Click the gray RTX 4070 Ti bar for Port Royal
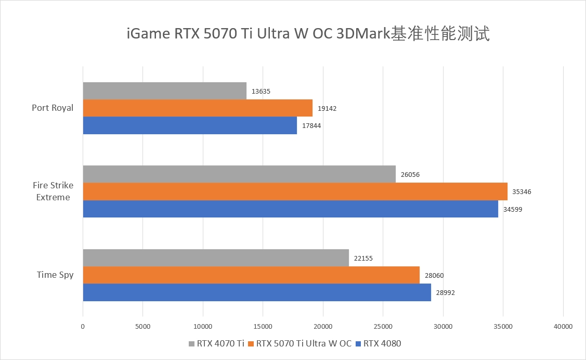pyautogui.click(x=164, y=91)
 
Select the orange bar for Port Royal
pyautogui.click(x=198, y=108)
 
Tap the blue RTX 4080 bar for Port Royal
pyautogui.click(x=190, y=125)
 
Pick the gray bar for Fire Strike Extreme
pyautogui.click(x=239, y=174)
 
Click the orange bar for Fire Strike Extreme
pyautogui.click(x=295, y=191)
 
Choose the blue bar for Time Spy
pyautogui.click(x=257, y=292)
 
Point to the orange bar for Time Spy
pyautogui.click(x=251, y=275)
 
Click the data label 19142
pyautogui.click(x=328, y=109)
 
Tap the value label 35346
pyautogui.click(x=522, y=192)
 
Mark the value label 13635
pyautogui.click(x=261, y=92)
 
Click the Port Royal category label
pyautogui.click(x=53, y=108)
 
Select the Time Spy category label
pyautogui.click(x=55, y=275)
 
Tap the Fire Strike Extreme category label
pyautogui.click(x=53, y=191)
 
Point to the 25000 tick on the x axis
pyautogui.click(x=383, y=327)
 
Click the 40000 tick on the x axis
pyautogui.click(x=563, y=327)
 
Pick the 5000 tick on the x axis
pyautogui.click(x=142, y=327)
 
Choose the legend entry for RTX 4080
pyautogui.click(x=382, y=343)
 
